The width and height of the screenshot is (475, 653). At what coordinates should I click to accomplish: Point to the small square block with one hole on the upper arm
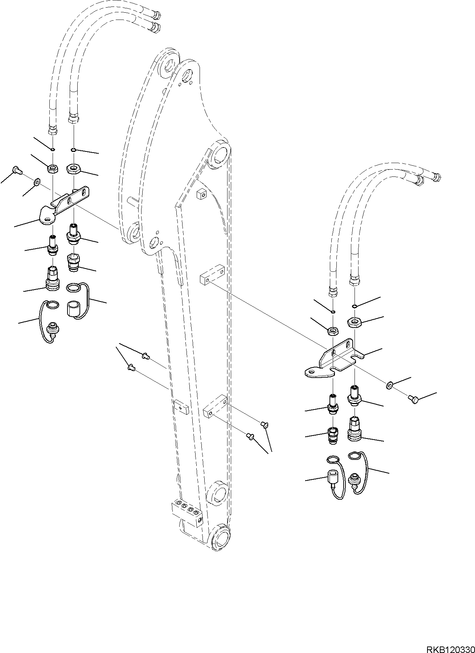(x=201, y=195)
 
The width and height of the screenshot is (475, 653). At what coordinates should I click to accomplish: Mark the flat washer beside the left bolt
(x=37, y=181)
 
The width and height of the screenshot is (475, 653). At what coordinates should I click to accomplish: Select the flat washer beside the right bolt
(x=389, y=385)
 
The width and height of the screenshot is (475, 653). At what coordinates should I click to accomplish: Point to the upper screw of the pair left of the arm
(x=146, y=356)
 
